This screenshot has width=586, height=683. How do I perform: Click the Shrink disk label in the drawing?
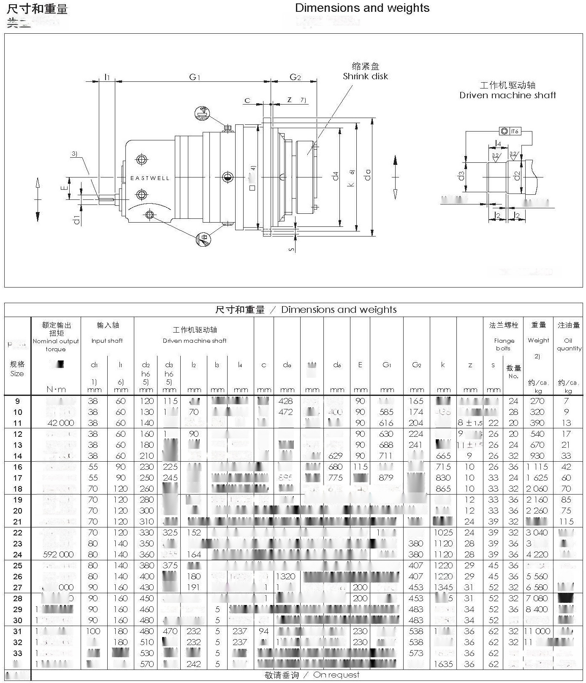point(365,76)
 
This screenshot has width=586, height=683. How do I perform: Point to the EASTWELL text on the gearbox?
point(149,178)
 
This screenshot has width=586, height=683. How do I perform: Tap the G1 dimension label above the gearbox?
point(194,77)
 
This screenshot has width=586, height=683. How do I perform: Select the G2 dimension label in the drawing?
point(295,77)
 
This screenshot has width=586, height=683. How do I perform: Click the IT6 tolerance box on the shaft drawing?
point(514,132)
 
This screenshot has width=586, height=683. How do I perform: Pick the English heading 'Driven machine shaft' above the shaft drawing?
point(507,95)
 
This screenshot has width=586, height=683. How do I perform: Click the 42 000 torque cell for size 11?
point(61,423)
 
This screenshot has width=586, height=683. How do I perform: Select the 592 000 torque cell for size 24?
point(58,554)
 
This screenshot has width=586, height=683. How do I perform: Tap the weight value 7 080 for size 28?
point(537,598)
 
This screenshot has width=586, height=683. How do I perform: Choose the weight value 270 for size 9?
point(537,401)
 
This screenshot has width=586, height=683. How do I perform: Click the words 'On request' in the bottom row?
point(336,675)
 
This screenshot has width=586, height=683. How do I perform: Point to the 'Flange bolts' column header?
point(504,344)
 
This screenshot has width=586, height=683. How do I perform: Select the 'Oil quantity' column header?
point(569,344)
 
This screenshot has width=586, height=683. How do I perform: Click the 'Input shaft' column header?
point(107,341)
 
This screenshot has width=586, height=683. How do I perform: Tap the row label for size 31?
point(17,631)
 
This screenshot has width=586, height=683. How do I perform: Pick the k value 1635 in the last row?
point(443,664)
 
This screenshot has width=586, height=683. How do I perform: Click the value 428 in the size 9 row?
point(286,401)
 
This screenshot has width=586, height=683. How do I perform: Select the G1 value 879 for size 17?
point(386,478)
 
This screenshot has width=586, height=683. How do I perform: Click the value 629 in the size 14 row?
point(336,456)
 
